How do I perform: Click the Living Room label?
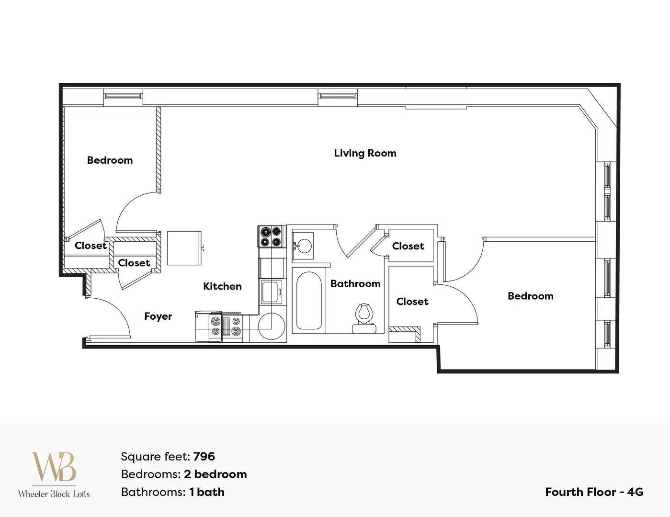pos(365,153)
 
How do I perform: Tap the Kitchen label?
pos(222,286)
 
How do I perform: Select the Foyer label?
pos(158,316)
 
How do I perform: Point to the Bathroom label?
pos(355,284)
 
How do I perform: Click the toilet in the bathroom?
pos(364,318)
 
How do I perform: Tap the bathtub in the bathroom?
pos(308,301)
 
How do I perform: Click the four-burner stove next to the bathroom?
pos(270,236)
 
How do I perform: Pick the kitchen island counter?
pos(184,248)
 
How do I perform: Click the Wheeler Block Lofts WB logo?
pos(54,474)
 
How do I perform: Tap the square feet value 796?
pos(204,457)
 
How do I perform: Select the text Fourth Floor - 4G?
pos(594,492)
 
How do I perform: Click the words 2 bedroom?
pos(215,474)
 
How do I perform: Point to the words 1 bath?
pos(207,492)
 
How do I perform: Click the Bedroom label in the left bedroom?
pos(110,160)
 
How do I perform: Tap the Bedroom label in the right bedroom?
pos(531,296)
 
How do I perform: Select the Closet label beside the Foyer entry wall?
pos(134,263)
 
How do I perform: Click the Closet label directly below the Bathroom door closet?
pos(412,301)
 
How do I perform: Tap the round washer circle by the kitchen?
pos(272,326)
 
